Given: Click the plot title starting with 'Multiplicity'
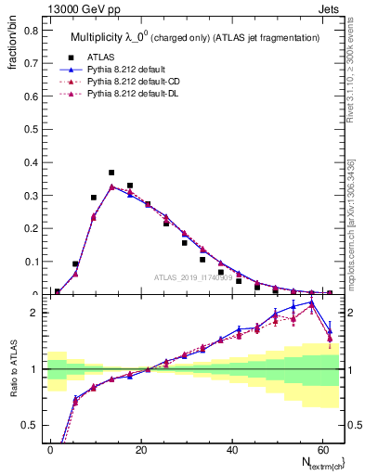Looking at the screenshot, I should click(195, 36).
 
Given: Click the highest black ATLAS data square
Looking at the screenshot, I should click(111, 173).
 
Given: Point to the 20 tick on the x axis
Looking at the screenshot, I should click(141, 450).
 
